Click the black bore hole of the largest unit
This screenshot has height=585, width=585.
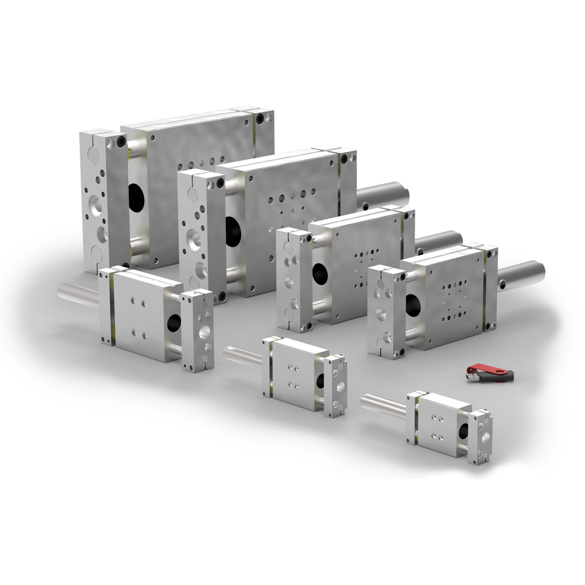[136, 198]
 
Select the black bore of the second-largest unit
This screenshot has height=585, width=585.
[233, 231]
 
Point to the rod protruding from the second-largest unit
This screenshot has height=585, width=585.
[382, 195]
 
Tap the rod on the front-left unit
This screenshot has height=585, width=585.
[79, 296]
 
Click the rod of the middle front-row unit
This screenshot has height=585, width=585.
[243, 357]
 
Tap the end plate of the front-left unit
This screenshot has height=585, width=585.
[198, 330]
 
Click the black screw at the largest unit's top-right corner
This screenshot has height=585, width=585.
[261, 119]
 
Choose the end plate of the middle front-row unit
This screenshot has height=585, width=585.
[336, 386]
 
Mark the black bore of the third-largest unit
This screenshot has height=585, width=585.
[320, 274]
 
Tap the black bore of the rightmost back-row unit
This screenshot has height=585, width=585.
[413, 305]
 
